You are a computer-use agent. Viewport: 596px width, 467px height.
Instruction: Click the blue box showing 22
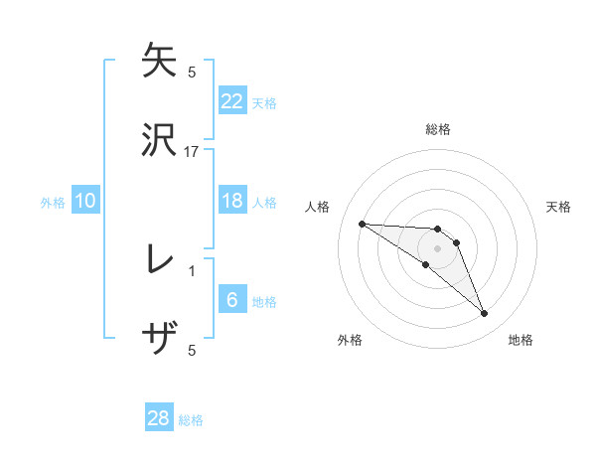tap(232, 100)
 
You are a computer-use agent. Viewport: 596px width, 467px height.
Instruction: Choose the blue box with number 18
tap(232, 201)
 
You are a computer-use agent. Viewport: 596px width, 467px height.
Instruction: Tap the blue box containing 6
tap(232, 301)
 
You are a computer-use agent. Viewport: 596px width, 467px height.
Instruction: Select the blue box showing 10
tap(85, 201)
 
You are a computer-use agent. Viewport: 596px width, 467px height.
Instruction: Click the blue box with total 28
tap(159, 418)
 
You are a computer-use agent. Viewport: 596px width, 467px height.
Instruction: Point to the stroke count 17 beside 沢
tap(192, 151)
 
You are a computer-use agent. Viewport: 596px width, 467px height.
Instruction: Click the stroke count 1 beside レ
tap(192, 270)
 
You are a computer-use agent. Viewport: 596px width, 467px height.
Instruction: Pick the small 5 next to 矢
tap(192, 72)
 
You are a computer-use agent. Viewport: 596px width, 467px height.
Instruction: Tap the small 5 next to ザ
tap(192, 350)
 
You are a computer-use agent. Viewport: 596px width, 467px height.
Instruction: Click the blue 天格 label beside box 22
tap(264, 102)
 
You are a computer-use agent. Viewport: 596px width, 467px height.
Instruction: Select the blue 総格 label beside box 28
tap(191, 420)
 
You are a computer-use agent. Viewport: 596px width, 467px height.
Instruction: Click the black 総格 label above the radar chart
tap(438, 129)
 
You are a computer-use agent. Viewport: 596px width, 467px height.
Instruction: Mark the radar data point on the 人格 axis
tap(362, 224)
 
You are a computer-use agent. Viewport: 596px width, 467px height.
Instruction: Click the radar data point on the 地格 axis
tap(485, 314)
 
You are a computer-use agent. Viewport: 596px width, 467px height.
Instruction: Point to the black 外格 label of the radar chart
tap(350, 340)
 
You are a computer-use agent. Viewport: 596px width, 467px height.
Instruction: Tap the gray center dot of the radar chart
tap(437, 248)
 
